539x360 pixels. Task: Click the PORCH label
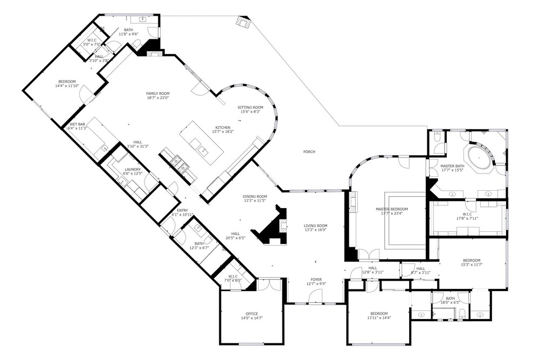click(309, 151)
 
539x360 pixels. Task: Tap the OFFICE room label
click(252, 314)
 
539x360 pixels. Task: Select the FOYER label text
click(316, 280)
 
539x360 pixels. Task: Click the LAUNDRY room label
click(133, 170)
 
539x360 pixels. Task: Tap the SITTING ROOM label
click(250, 107)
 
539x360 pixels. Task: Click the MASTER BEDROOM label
click(391, 209)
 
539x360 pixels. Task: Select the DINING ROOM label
click(255, 197)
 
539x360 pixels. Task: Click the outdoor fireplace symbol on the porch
click(244, 22)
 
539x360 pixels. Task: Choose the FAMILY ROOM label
click(158, 94)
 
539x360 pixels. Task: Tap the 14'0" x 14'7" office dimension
click(252, 319)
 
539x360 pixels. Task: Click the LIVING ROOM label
click(315, 226)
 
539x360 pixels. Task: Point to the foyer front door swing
click(315, 296)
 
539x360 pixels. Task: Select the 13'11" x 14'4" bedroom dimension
click(379, 318)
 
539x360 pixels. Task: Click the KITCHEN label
click(223, 128)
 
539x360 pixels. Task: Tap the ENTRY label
click(182, 210)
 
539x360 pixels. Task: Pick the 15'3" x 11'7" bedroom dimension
click(472, 265)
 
